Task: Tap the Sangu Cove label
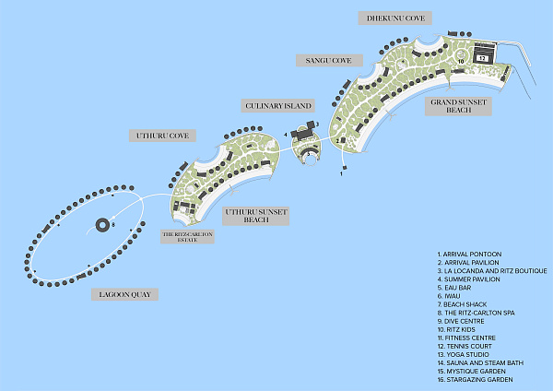click(x=323, y=61)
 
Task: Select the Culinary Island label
click(x=277, y=107)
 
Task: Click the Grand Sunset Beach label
click(x=458, y=105)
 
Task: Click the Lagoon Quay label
click(x=124, y=295)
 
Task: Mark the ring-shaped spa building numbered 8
click(x=101, y=224)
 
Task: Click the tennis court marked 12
click(x=481, y=55)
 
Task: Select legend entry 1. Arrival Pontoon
click(x=471, y=254)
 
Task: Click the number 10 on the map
click(x=461, y=62)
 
